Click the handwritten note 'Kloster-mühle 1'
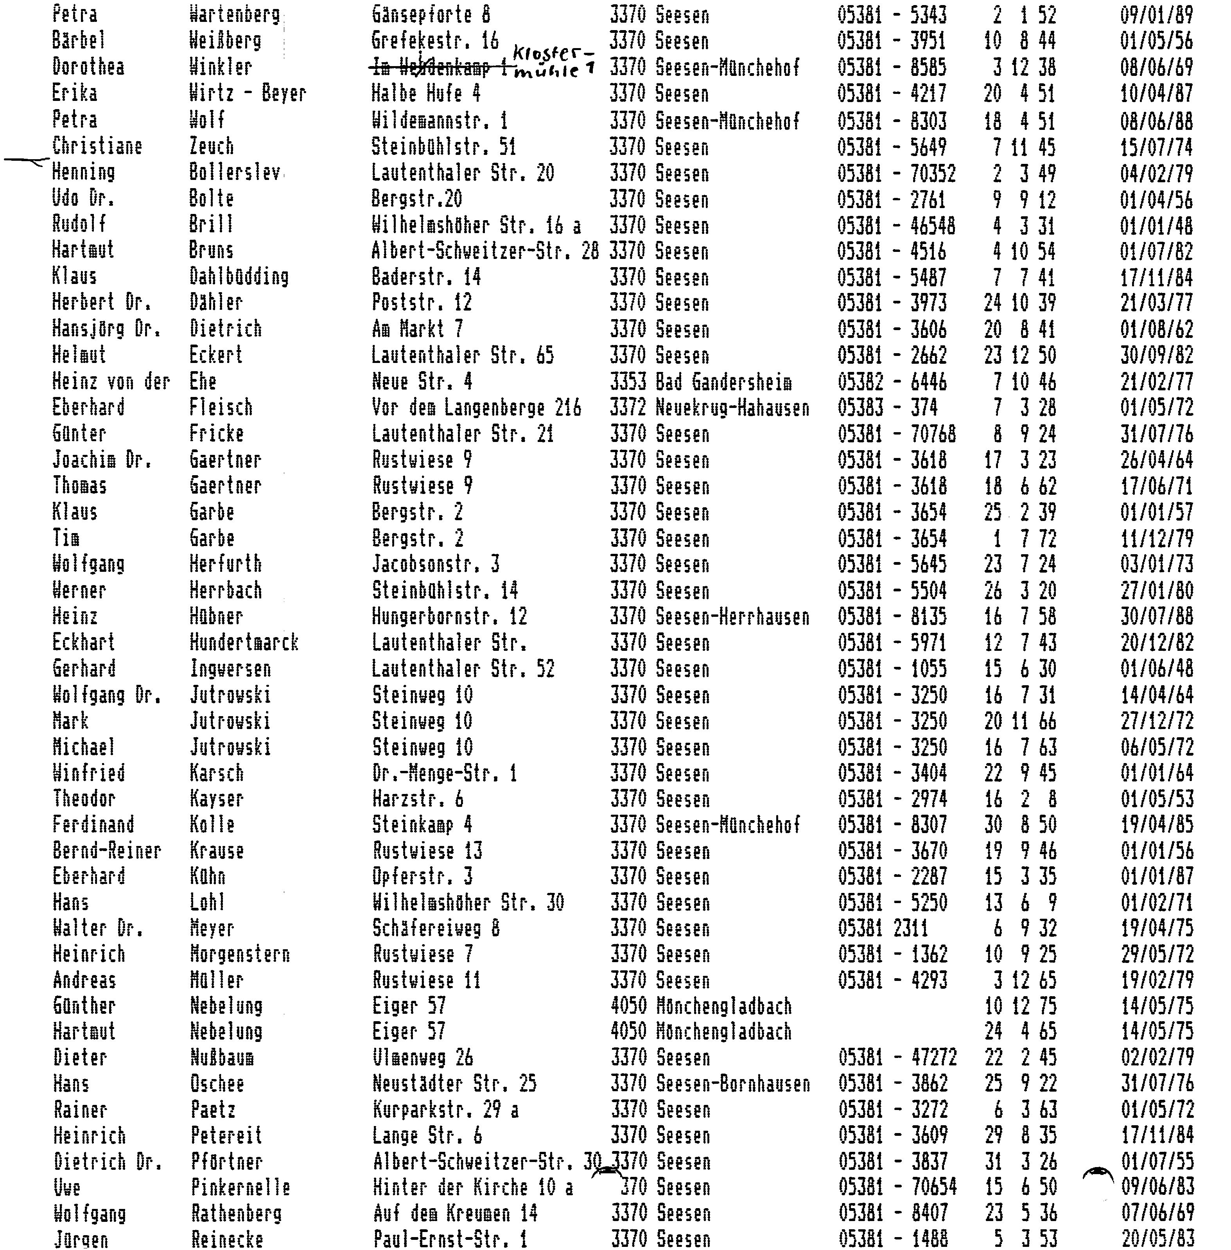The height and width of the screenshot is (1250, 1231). [x=553, y=61]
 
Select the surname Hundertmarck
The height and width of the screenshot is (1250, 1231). [x=244, y=643]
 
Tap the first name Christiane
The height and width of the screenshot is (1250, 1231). [x=97, y=146]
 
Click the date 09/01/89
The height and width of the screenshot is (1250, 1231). [x=1156, y=15]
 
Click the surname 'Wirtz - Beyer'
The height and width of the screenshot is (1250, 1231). [x=247, y=94]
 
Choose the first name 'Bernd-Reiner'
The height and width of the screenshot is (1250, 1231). [x=107, y=851]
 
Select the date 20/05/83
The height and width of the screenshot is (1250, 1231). [x=1157, y=1239]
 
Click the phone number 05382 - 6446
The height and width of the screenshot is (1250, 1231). [x=892, y=382]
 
